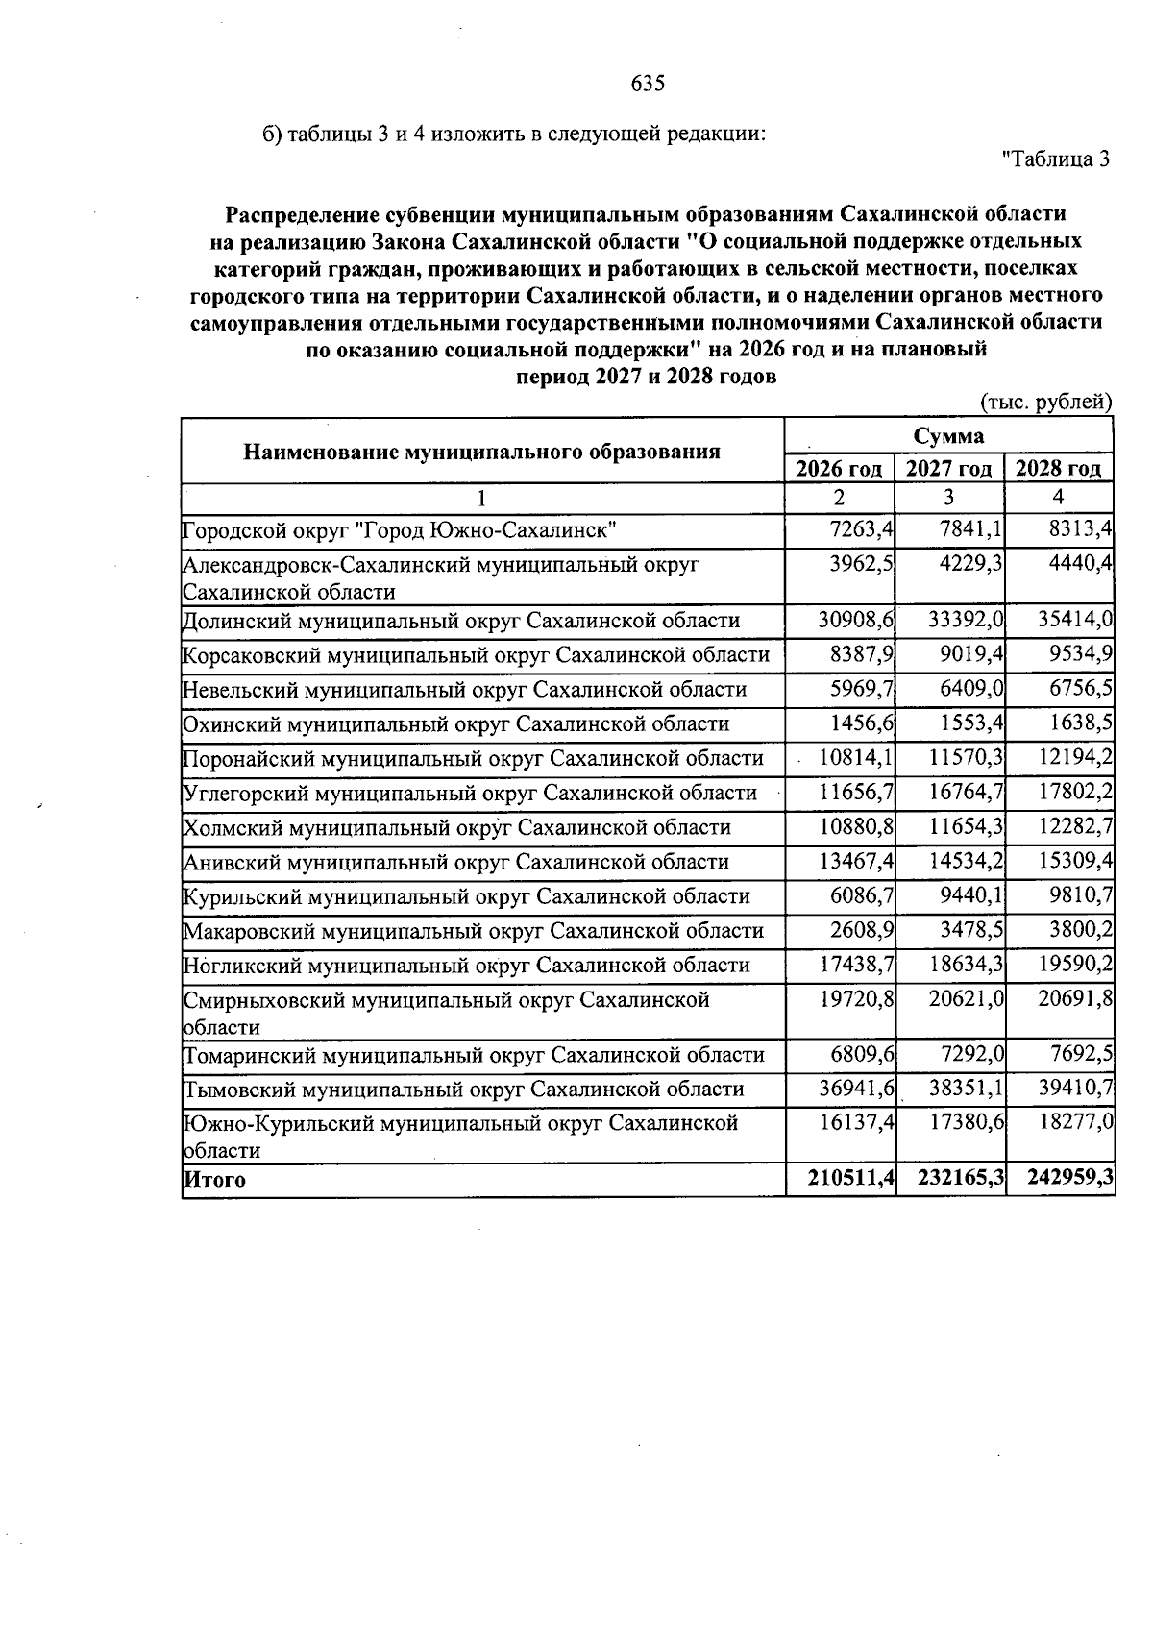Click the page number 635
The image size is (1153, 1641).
click(648, 84)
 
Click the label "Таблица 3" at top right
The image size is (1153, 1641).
click(1055, 159)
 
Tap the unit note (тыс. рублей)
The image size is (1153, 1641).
click(1044, 403)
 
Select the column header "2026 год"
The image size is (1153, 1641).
click(839, 469)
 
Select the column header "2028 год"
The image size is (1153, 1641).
click(1058, 469)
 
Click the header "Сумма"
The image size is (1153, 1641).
click(948, 436)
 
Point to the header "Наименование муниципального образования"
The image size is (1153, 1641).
click(481, 452)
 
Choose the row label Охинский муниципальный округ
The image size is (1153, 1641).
click(455, 724)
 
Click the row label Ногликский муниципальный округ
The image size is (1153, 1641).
click(466, 966)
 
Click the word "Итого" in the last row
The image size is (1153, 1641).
click(214, 1181)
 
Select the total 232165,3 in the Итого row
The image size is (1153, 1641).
click(961, 1181)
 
